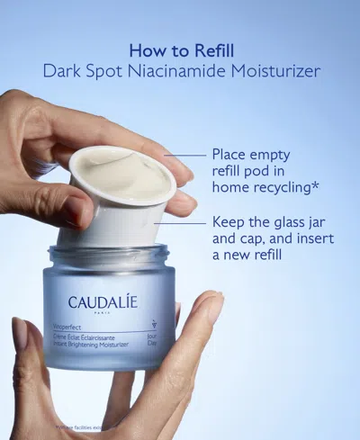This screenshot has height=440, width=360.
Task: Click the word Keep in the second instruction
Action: [230, 221]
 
